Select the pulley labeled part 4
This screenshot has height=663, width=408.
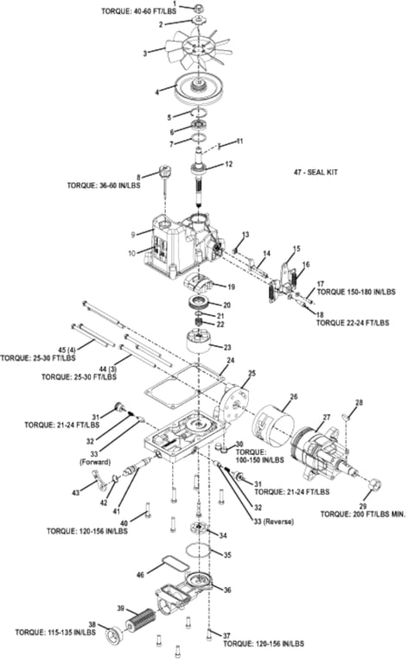(198, 88)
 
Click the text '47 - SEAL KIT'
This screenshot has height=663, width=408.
(316, 172)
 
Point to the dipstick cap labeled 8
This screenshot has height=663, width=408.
(163, 172)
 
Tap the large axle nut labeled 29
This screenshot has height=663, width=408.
(374, 484)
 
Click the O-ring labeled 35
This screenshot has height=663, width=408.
(199, 550)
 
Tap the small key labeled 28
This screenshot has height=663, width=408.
(347, 416)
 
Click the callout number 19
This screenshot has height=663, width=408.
(231, 287)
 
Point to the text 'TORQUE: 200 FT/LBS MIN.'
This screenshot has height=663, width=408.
(363, 515)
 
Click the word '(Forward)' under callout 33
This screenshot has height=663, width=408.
(95, 462)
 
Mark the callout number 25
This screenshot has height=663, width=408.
(252, 373)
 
